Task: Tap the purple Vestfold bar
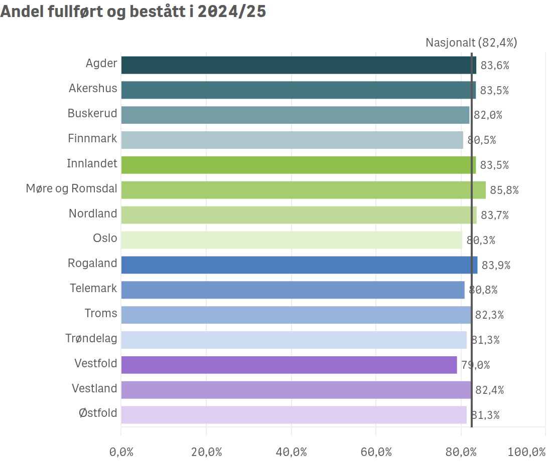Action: (289, 365)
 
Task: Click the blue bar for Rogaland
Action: (299, 265)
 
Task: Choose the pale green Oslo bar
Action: (292, 240)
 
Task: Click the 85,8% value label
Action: (504, 190)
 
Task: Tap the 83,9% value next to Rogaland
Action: (496, 265)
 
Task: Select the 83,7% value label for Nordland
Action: (495, 215)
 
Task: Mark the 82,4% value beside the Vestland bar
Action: (489, 390)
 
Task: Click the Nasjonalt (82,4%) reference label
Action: (471, 43)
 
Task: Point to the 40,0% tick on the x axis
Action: (291, 452)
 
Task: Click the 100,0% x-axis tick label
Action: (526, 452)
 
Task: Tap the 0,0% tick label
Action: (121, 452)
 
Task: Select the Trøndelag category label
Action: (91, 338)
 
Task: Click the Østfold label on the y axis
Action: (98, 413)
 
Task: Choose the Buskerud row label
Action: (92, 113)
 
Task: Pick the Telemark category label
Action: (93, 288)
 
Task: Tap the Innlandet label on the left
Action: (92, 163)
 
